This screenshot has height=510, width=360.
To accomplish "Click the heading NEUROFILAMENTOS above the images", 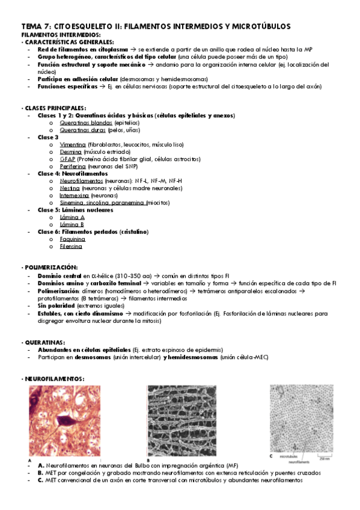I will (53, 379).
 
